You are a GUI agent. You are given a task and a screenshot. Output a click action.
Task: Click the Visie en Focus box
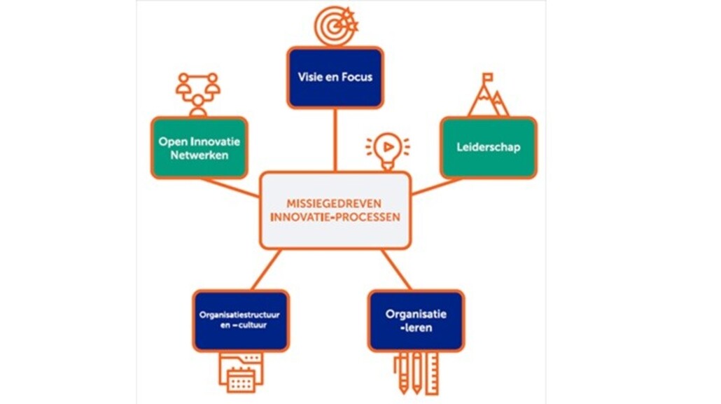(x=335, y=77)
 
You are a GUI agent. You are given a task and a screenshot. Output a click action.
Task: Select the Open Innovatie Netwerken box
(x=199, y=148)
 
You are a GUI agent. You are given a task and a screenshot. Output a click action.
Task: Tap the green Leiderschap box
(x=489, y=148)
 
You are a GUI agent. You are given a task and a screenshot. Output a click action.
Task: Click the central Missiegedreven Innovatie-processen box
(x=335, y=210)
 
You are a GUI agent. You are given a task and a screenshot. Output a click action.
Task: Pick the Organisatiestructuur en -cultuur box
(x=240, y=320)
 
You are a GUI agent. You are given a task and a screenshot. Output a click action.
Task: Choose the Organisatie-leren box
(x=416, y=320)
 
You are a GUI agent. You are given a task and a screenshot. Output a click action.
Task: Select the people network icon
(x=198, y=92)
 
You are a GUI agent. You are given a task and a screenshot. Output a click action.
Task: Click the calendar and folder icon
(x=240, y=370)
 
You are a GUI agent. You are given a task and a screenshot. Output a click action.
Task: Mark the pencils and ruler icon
(x=416, y=372)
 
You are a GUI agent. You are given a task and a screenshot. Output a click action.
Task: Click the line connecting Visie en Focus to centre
(x=335, y=140)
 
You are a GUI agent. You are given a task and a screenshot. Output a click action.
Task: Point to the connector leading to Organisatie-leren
(x=395, y=269)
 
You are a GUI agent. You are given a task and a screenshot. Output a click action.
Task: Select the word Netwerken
(x=199, y=155)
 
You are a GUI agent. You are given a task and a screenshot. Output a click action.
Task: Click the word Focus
(x=355, y=77)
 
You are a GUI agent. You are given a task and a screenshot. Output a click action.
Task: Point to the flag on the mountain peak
(x=487, y=76)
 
